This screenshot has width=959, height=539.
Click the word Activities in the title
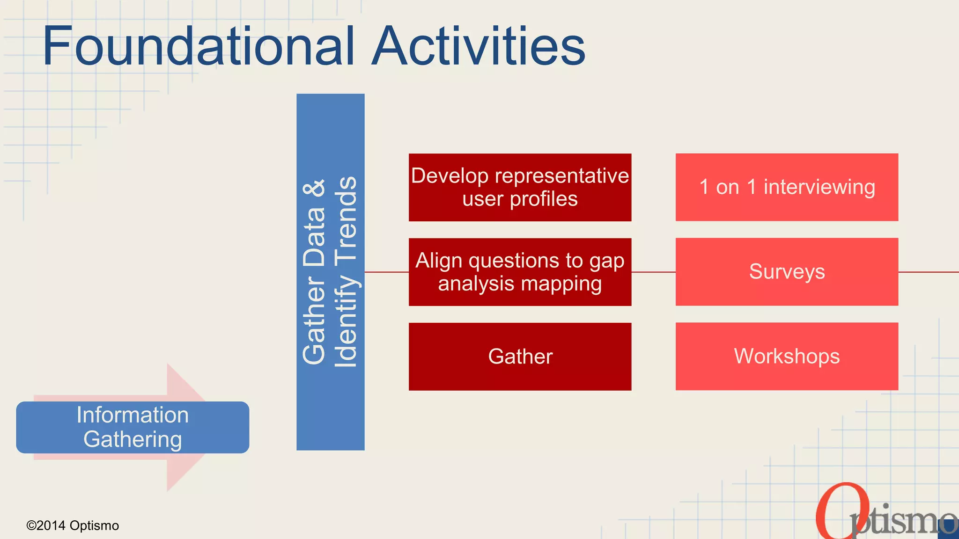pyautogui.click(x=478, y=46)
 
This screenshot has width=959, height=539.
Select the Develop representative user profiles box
pyautogui.click(x=520, y=187)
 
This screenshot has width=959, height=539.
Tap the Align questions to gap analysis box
pyautogui.click(x=520, y=272)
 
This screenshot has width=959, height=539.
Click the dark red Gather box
pyautogui.click(x=520, y=357)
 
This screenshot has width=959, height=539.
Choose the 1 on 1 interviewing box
pyautogui.click(x=787, y=187)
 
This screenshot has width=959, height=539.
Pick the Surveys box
pyautogui.click(x=787, y=272)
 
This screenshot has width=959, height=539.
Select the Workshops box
pyautogui.click(x=787, y=357)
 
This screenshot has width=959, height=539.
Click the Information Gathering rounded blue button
pyautogui.click(x=133, y=427)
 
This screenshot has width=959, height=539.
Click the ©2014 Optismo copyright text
pyautogui.click(x=73, y=525)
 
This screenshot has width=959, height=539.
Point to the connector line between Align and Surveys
pyautogui.click(x=653, y=272)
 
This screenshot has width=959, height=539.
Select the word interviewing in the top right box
pyautogui.click(x=819, y=187)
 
